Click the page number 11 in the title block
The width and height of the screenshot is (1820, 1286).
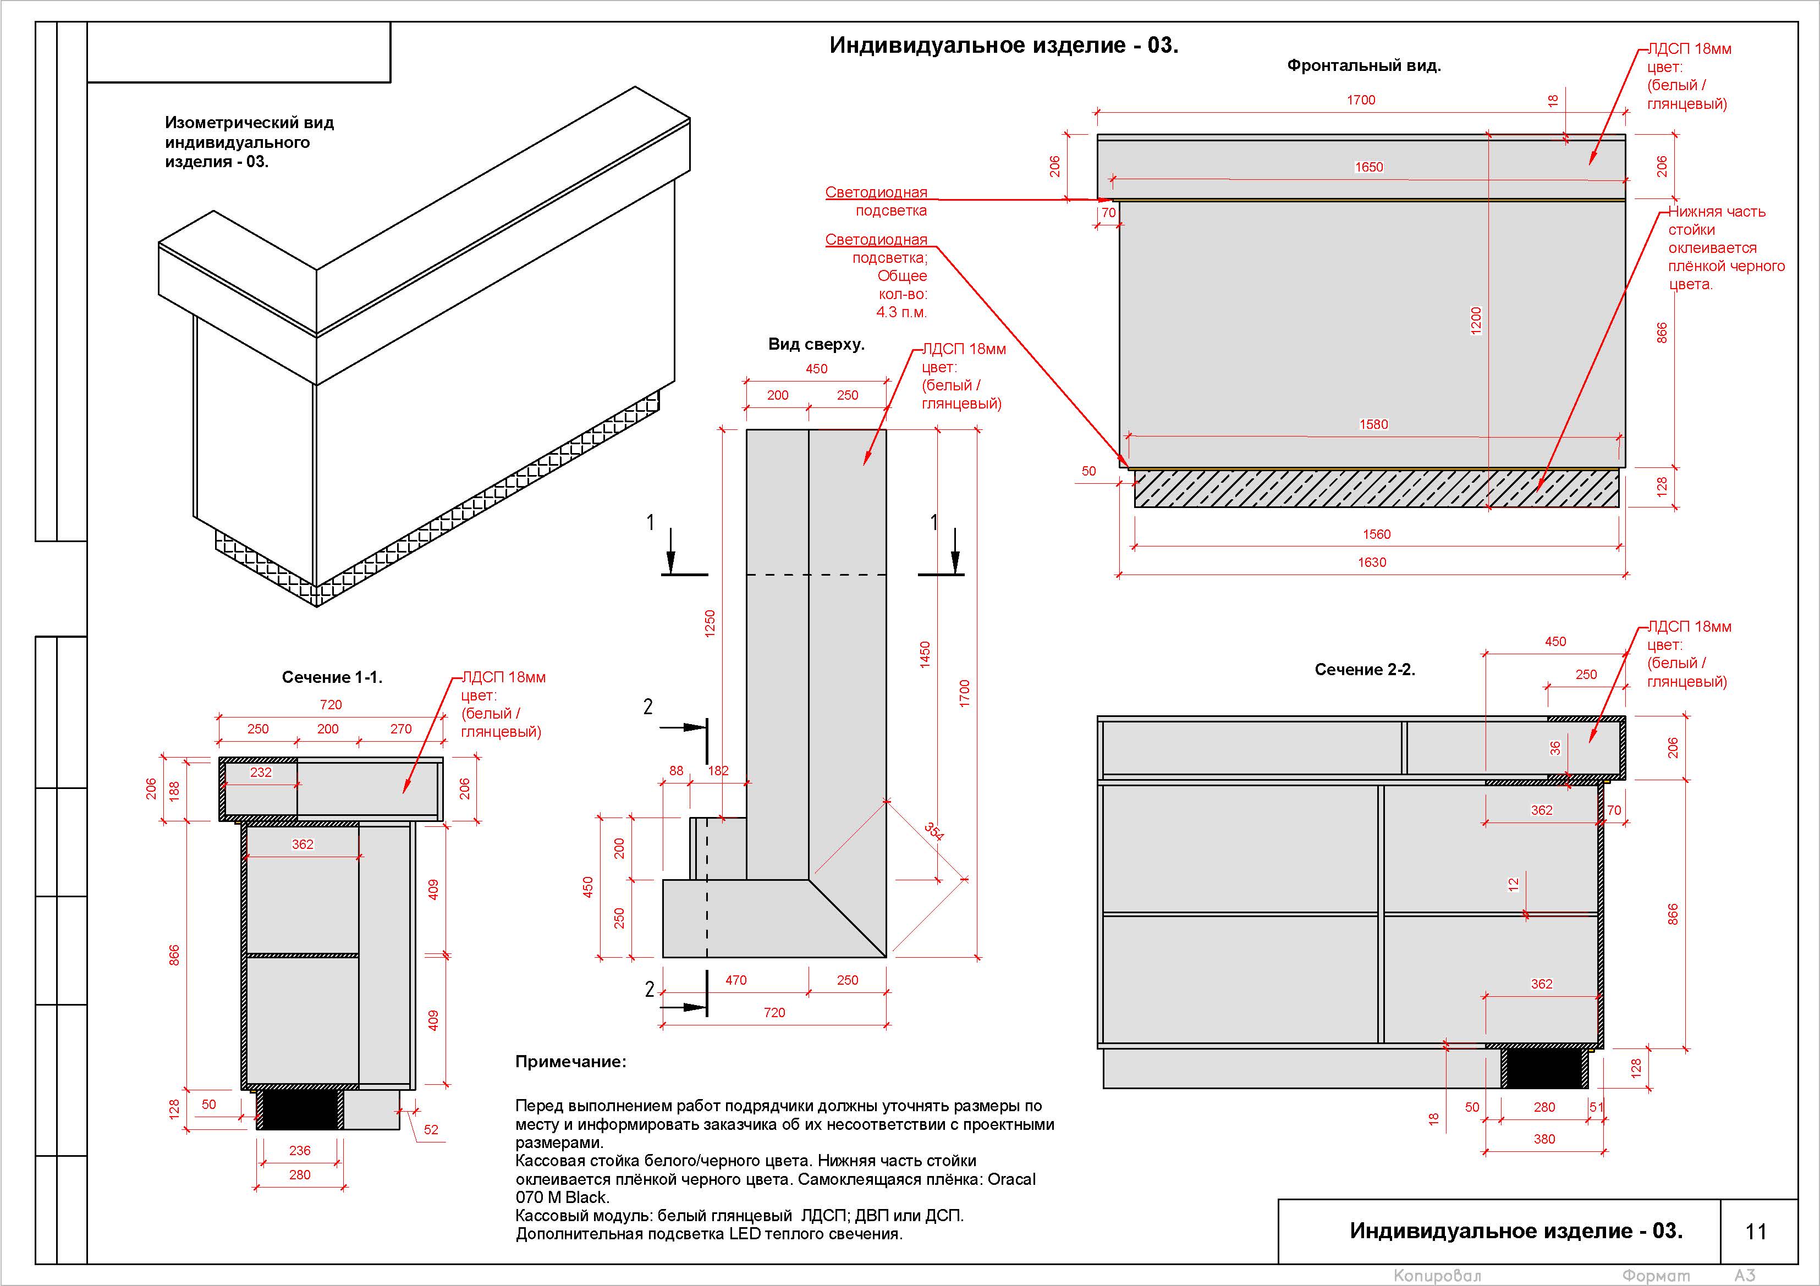click(1756, 1232)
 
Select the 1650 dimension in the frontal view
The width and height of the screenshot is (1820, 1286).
click(1369, 167)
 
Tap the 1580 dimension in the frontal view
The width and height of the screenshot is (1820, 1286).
click(1374, 424)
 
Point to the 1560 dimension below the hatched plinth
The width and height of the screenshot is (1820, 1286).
click(1377, 535)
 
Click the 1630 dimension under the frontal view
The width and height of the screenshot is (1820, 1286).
click(1372, 562)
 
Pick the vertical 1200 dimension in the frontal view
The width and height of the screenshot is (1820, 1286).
click(1476, 321)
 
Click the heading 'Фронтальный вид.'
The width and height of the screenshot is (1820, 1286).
click(1363, 66)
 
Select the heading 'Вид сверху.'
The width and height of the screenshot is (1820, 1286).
click(816, 345)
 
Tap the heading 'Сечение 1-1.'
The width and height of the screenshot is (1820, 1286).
click(332, 677)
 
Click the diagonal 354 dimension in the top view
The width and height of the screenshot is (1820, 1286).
click(934, 831)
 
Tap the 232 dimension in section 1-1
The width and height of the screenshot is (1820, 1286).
click(261, 772)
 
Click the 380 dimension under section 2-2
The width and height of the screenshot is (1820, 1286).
click(1544, 1139)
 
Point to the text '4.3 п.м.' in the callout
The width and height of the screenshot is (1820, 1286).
click(901, 312)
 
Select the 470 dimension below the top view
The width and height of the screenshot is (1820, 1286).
click(735, 980)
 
